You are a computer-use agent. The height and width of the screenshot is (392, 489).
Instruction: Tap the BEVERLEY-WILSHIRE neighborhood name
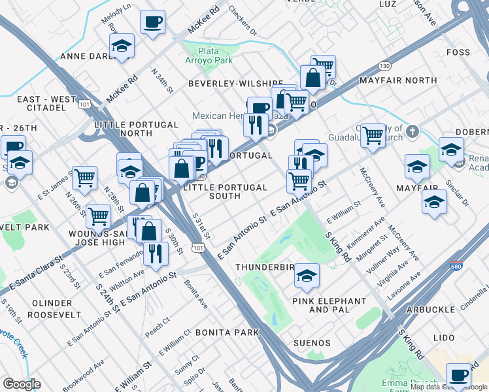(x=236, y=84)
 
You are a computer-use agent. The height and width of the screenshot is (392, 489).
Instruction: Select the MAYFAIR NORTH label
(x=398, y=80)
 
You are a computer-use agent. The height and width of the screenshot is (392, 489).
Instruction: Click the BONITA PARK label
(x=228, y=333)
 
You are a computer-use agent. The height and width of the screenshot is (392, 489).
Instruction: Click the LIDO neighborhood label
(x=443, y=338)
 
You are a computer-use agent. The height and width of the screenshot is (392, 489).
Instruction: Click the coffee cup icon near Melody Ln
(x=152, y=22)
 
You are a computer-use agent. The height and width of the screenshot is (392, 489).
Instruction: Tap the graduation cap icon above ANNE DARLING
(x=121, y=46)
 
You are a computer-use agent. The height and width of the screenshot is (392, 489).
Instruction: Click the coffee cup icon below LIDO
(x=459, y=375)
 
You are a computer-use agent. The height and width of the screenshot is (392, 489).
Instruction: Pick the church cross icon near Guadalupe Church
(x=412, y=132)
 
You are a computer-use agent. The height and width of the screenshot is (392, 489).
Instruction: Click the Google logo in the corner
(x=22, y=384)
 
